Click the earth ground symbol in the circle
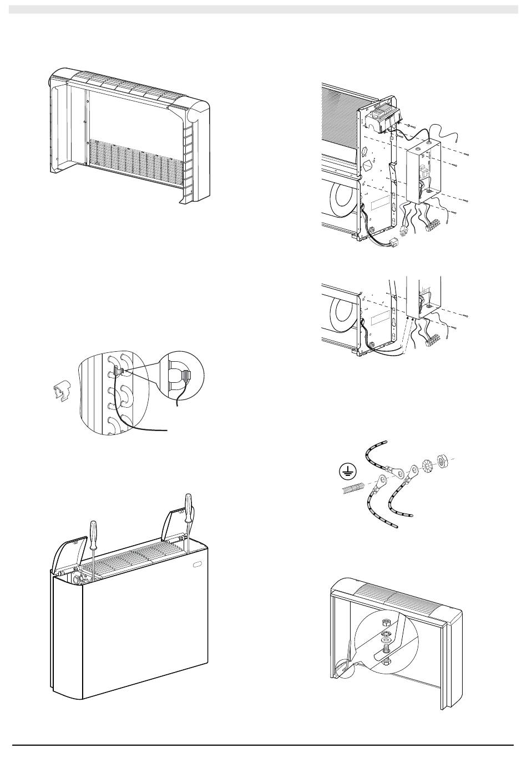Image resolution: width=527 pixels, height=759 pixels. click(347, 472)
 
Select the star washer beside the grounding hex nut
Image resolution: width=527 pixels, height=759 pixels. click(427, 464)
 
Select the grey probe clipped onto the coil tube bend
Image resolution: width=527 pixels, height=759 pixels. click(118, 372)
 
